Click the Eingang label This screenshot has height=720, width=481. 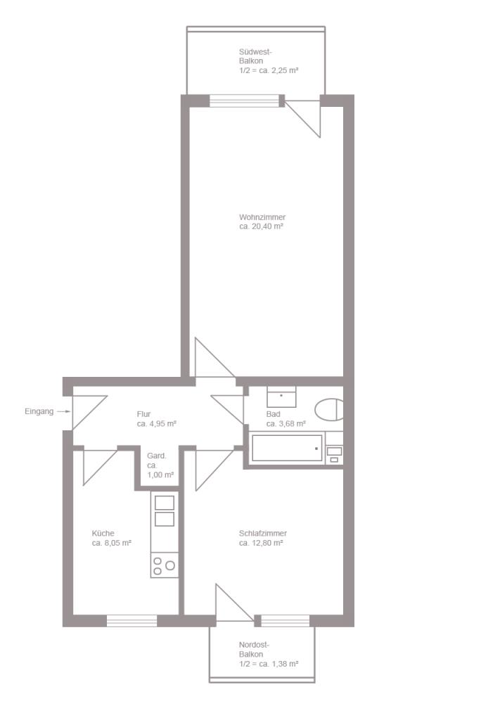click(x=39, y=412)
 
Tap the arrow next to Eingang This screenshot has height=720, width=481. click(x=63, y=411)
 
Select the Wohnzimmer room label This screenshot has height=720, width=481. click(x=262, y=217)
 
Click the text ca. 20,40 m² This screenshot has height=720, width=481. click(x=261, y=226)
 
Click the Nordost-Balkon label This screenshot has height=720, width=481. click(x=254, y=649)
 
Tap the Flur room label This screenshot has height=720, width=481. click(x=143, y=414)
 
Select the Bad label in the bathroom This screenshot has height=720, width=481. click(x=273, y=414)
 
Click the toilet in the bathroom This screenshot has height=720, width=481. click(x=329, y=409)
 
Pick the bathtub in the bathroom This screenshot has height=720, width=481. click(x=287, y=448)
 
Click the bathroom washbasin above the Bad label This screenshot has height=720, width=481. click(x=281, y=397)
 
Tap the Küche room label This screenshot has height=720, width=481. click(x=103, y=534)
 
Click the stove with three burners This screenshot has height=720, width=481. click(x=164, y=565)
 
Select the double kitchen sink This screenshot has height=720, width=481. click(x=164, y=511)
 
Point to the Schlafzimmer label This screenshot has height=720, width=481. click(x=263, y=534)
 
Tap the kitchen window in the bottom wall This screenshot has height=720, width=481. click(x=132, y=621)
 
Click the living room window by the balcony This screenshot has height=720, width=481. click(x=245, y=101)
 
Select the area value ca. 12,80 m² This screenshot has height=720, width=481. click(x=261, y=544)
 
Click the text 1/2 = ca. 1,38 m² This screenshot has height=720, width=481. click(x=269, y=664)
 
